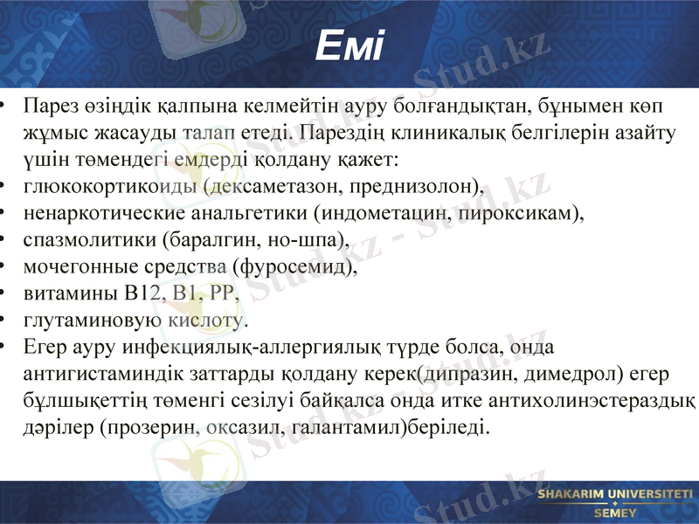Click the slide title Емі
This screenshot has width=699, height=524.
(349, 46)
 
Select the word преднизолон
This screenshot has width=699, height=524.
(420, 187)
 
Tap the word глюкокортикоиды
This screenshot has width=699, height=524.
(107, 187)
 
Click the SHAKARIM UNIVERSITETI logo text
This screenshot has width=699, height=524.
(615, 495)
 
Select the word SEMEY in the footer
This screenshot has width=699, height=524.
(615, 513)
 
